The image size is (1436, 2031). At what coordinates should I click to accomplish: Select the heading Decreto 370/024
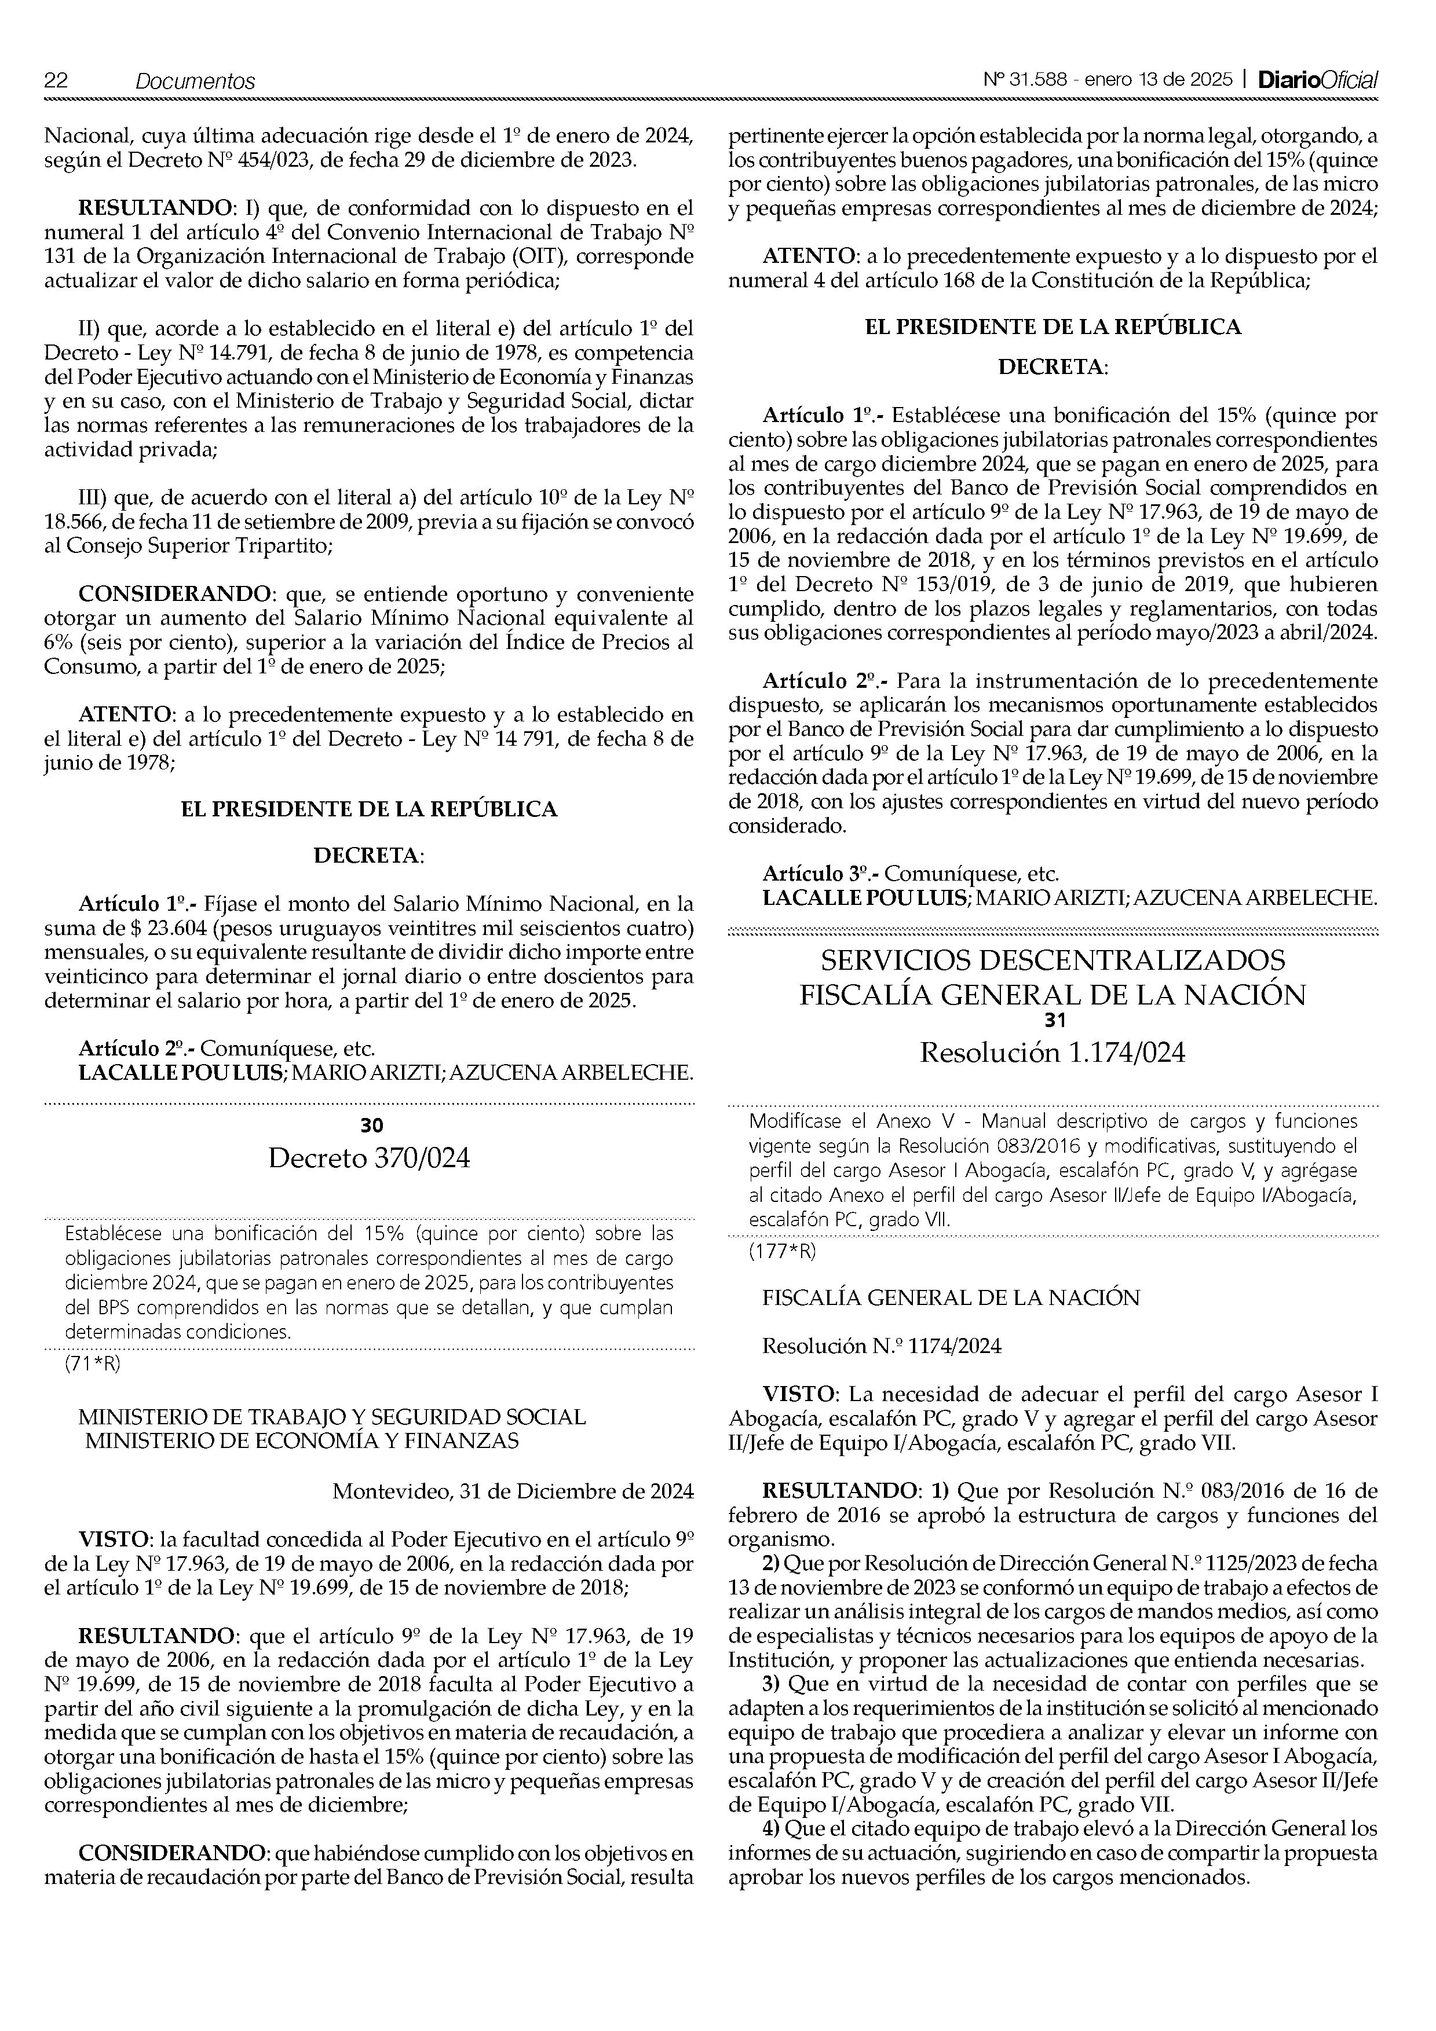pos(369,1157)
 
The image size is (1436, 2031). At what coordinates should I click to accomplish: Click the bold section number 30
pos(372,1124)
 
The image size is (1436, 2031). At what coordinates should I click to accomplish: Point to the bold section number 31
pos(1054,1020)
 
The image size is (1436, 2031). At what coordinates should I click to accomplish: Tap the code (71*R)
pos(92,1363)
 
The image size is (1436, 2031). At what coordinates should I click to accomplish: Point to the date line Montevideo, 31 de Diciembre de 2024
pos(512,1491)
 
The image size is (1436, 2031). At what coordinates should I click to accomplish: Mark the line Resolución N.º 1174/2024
pos(882,1346)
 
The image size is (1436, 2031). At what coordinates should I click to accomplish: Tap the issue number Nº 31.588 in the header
pos(1025,80)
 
